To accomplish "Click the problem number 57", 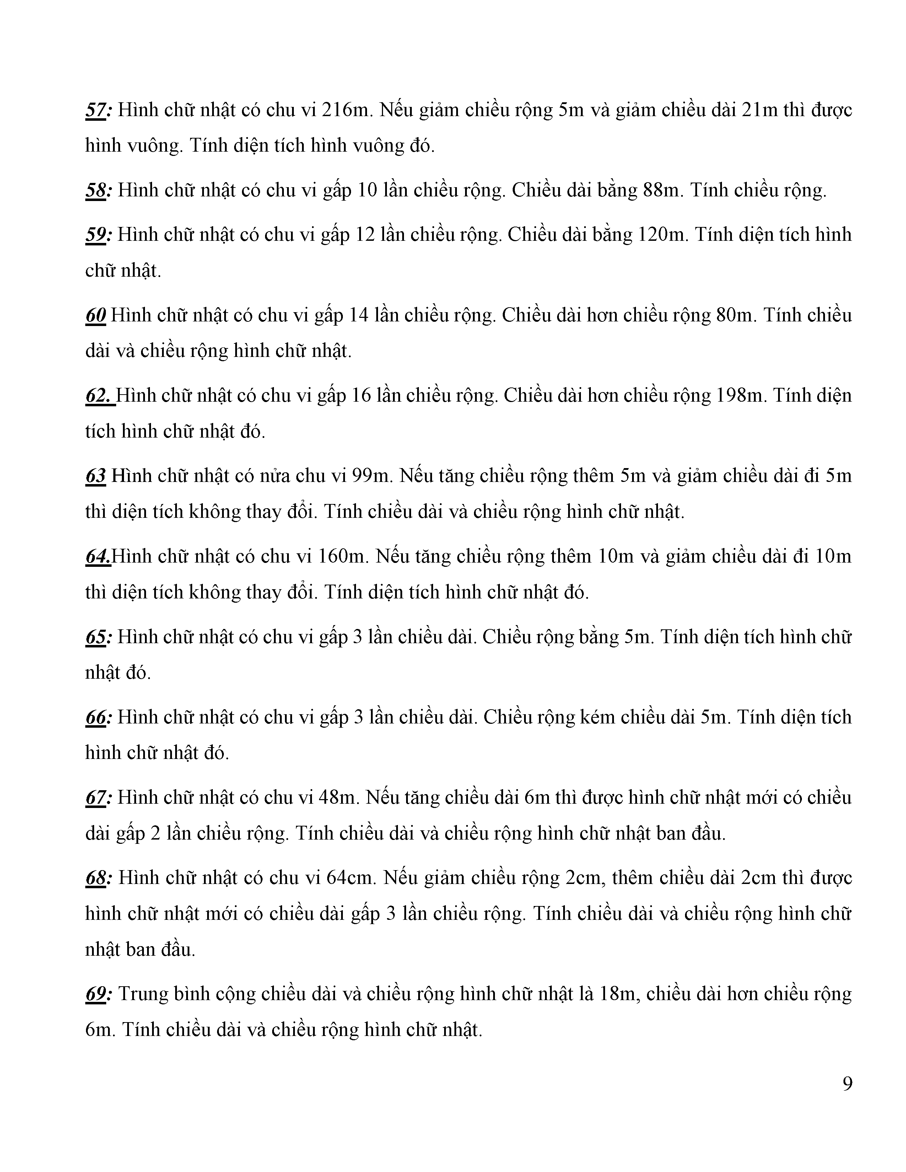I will click(x=97, y=110).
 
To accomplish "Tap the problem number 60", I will click(x=96, y=315).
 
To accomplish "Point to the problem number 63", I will click(x=96, y=476).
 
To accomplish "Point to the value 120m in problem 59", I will click(x=663, y=235).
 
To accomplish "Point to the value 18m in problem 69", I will click(x=617, y=994).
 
